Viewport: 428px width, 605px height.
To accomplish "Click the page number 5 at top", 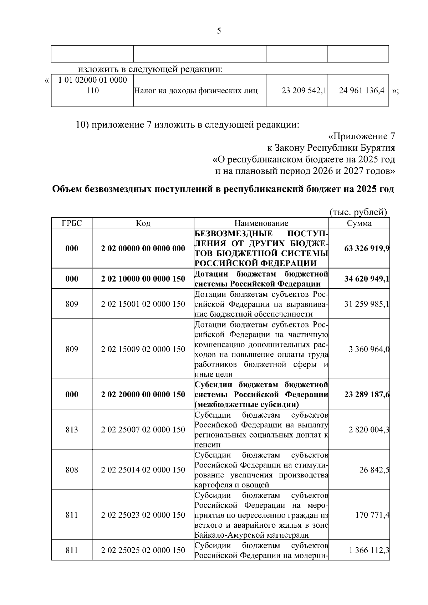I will [219, 31].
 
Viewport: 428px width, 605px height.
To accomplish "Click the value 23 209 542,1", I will [304, 91].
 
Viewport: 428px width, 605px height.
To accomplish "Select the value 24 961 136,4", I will [361, 91].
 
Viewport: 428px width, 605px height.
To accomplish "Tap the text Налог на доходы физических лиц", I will [195, 91].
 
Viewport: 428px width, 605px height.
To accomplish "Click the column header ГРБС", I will [72, 223].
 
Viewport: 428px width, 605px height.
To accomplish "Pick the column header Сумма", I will [359, 223].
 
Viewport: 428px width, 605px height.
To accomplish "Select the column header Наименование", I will [261, 223].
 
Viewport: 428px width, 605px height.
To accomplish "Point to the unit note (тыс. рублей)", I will [358, 212].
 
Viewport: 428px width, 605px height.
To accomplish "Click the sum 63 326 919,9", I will [367, 248].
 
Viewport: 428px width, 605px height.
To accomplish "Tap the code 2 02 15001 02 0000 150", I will [143, 304].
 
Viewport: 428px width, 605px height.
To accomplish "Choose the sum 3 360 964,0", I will [369, 349].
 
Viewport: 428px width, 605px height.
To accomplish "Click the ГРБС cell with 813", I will [72, 429].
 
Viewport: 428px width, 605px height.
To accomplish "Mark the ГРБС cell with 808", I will [72, 470].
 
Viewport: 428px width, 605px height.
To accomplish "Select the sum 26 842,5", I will [374, 470].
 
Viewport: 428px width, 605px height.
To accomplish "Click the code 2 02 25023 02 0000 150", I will [143, 514].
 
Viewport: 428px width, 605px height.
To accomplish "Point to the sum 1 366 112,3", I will [369, 550].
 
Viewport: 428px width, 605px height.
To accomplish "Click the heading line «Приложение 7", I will [361, 136].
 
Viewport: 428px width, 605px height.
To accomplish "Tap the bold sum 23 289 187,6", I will [367, 394].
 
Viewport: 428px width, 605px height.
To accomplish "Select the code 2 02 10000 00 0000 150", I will [143, 279].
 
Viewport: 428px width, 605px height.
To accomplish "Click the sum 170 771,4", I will [372, 514].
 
